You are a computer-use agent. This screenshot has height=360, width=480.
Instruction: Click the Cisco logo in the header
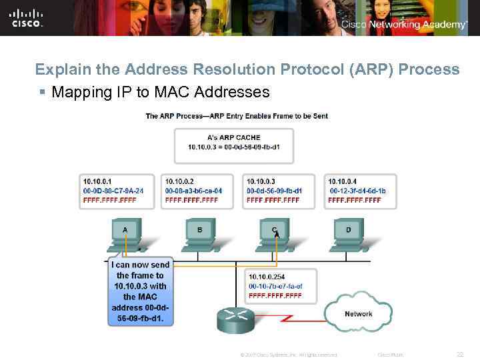[27, 17]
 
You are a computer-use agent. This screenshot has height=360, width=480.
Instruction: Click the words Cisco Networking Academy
[404, 25]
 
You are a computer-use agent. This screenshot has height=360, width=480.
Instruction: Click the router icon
[236, 320]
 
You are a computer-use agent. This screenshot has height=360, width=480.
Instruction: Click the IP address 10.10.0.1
[97, 181]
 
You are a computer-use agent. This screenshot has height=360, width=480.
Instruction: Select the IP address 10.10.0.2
[179, 181]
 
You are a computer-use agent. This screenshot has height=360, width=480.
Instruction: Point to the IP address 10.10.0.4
[342, 181]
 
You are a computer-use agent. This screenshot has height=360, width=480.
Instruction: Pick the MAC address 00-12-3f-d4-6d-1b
[357, 191]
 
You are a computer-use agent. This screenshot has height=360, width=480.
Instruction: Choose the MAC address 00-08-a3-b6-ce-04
[194, 191]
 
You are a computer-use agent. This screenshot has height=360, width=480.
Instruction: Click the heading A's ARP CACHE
[234, 137]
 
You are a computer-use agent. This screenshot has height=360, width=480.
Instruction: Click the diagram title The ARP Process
[237, 116]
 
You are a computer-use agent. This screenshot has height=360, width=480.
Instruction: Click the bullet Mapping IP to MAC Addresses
[160, 92]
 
